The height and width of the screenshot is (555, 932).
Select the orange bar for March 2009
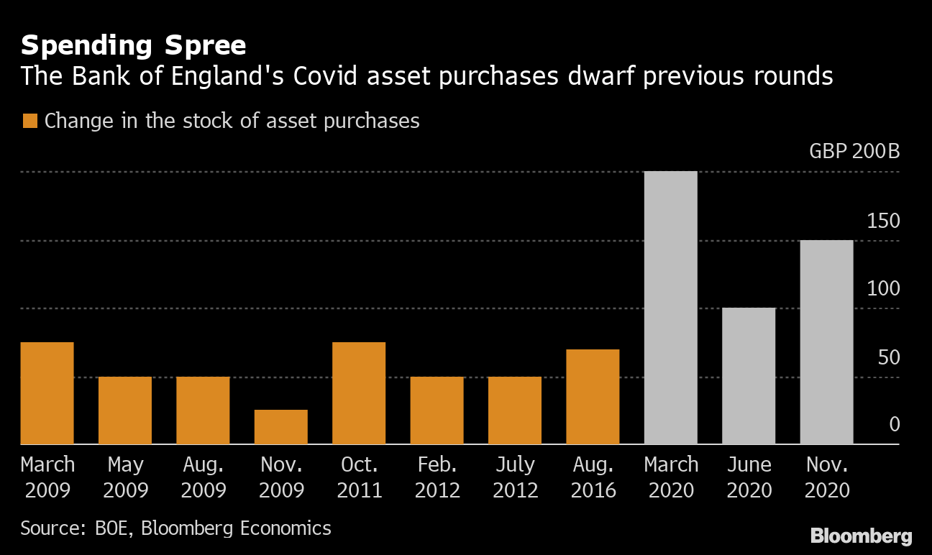[x=47, y=393]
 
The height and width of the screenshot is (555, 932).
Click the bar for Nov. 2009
[x=281, y=427]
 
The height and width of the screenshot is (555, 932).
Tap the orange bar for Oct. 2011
[x=359, y=393]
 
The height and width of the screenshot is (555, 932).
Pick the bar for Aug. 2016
[x=593, y=397]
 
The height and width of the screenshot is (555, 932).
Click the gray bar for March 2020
[x=671, y=308]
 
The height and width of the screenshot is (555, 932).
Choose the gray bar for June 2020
[x=749, y=376]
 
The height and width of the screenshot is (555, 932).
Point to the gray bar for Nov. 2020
[x=826, y=342]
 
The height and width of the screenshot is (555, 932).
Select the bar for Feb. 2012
[x=437, y=410]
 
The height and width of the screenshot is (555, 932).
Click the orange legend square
[x=30, y=121]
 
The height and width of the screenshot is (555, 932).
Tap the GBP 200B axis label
[x=854, y=151]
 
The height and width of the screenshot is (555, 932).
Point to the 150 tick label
[x=883, y=221]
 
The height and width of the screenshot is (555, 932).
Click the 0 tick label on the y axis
[x=895, y=424]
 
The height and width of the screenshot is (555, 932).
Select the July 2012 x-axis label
[x=515, y=477]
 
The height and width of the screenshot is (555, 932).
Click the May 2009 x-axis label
[x=125, y=477]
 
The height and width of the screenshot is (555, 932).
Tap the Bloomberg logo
[x=861, y=536]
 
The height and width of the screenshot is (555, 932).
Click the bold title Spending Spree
[x=133, y=45]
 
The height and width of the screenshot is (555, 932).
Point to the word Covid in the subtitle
[x=325, y=76]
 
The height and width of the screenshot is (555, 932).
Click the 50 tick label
[x=889, y=357]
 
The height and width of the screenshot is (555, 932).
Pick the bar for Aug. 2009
[x=203, y=410]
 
